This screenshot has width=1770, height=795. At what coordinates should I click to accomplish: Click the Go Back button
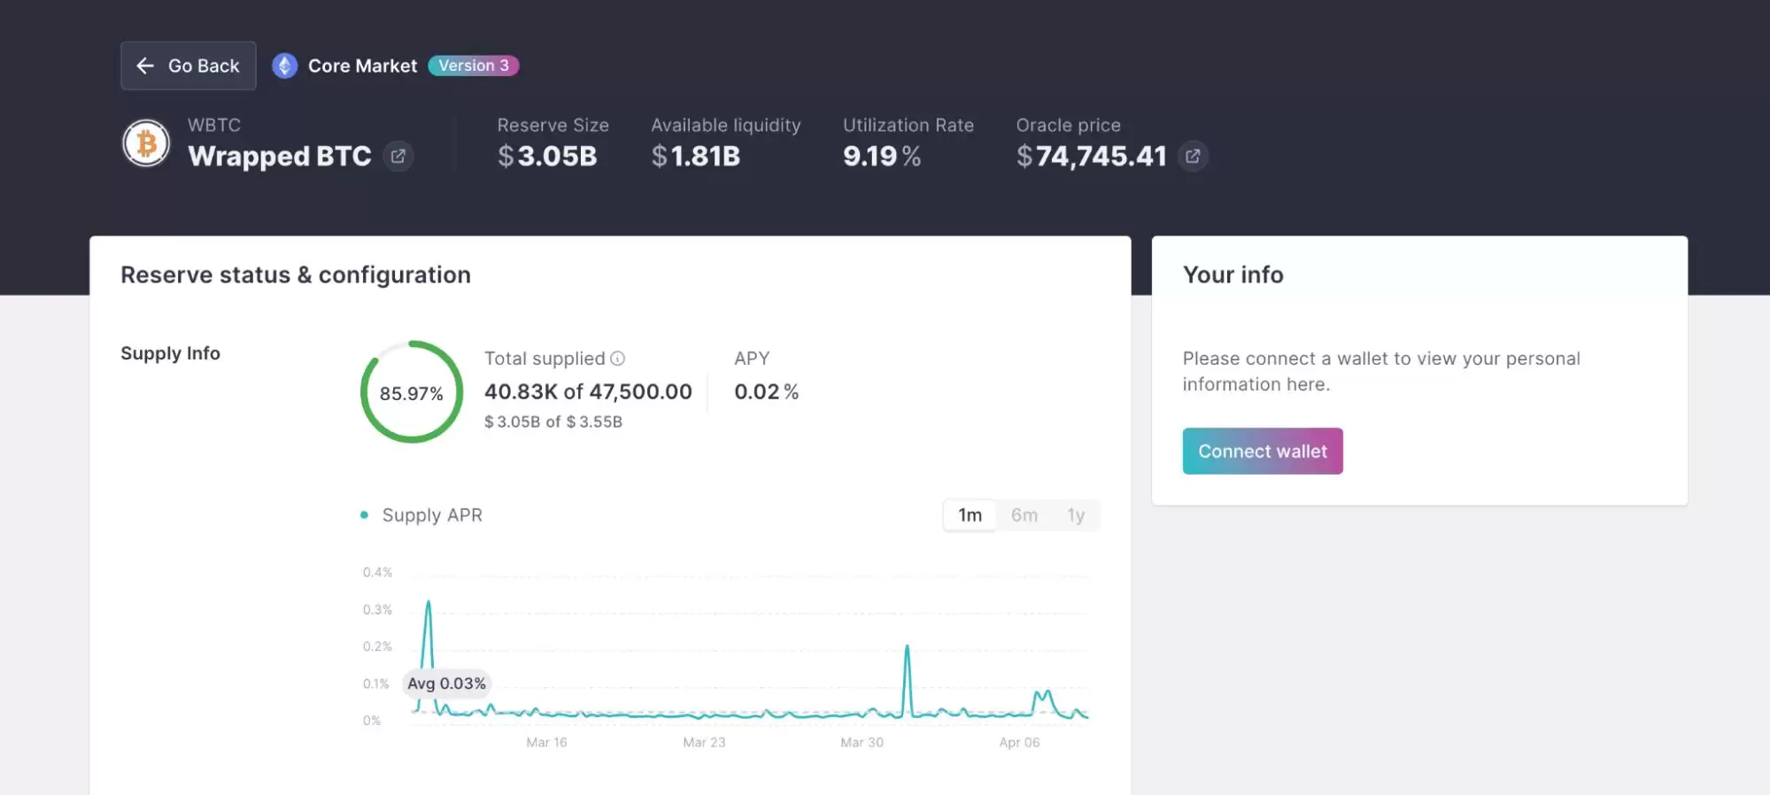click(x=188, y=66)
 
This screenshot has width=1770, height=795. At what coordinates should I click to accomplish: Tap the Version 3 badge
click(x=474, y=66)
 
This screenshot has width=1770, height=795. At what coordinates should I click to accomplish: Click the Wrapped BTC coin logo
click(x=146, y=143)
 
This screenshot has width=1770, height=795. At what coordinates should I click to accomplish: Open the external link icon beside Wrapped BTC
click(x=398, y=157)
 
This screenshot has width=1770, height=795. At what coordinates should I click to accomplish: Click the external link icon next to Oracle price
click(x=1193, y=157)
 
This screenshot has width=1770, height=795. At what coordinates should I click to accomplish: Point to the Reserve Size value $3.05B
click(x=547, y=157)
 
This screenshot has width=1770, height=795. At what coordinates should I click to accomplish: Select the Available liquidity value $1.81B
click(x=695, y=157)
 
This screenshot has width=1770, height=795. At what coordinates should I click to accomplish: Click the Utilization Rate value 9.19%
click(x=881, y=157)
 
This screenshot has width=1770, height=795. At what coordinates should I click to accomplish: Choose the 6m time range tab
click(x=1024, y=515)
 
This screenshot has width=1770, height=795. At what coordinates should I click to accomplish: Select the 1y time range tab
click(x=1076, y=515)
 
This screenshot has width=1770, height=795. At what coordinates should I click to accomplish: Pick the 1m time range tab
click(x=970, y=515)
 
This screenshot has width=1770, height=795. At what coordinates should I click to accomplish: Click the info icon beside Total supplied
click(x=618, y=359)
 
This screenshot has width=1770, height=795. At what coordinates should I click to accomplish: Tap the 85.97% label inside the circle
click(x=411, y=394)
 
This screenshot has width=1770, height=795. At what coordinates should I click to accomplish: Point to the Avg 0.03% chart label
click(x=446, y=683)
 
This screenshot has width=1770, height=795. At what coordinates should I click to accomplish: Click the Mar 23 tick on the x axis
click(x=704, y=743)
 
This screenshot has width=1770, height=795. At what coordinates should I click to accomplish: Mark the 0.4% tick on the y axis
click(x=377, y=573)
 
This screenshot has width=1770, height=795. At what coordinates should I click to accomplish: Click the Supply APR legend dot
click(x=364, y=515)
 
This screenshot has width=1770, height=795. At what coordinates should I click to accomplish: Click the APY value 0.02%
click(x=766, y=392)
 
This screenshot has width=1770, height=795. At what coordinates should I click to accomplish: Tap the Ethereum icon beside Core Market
click(x=284, y=66)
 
